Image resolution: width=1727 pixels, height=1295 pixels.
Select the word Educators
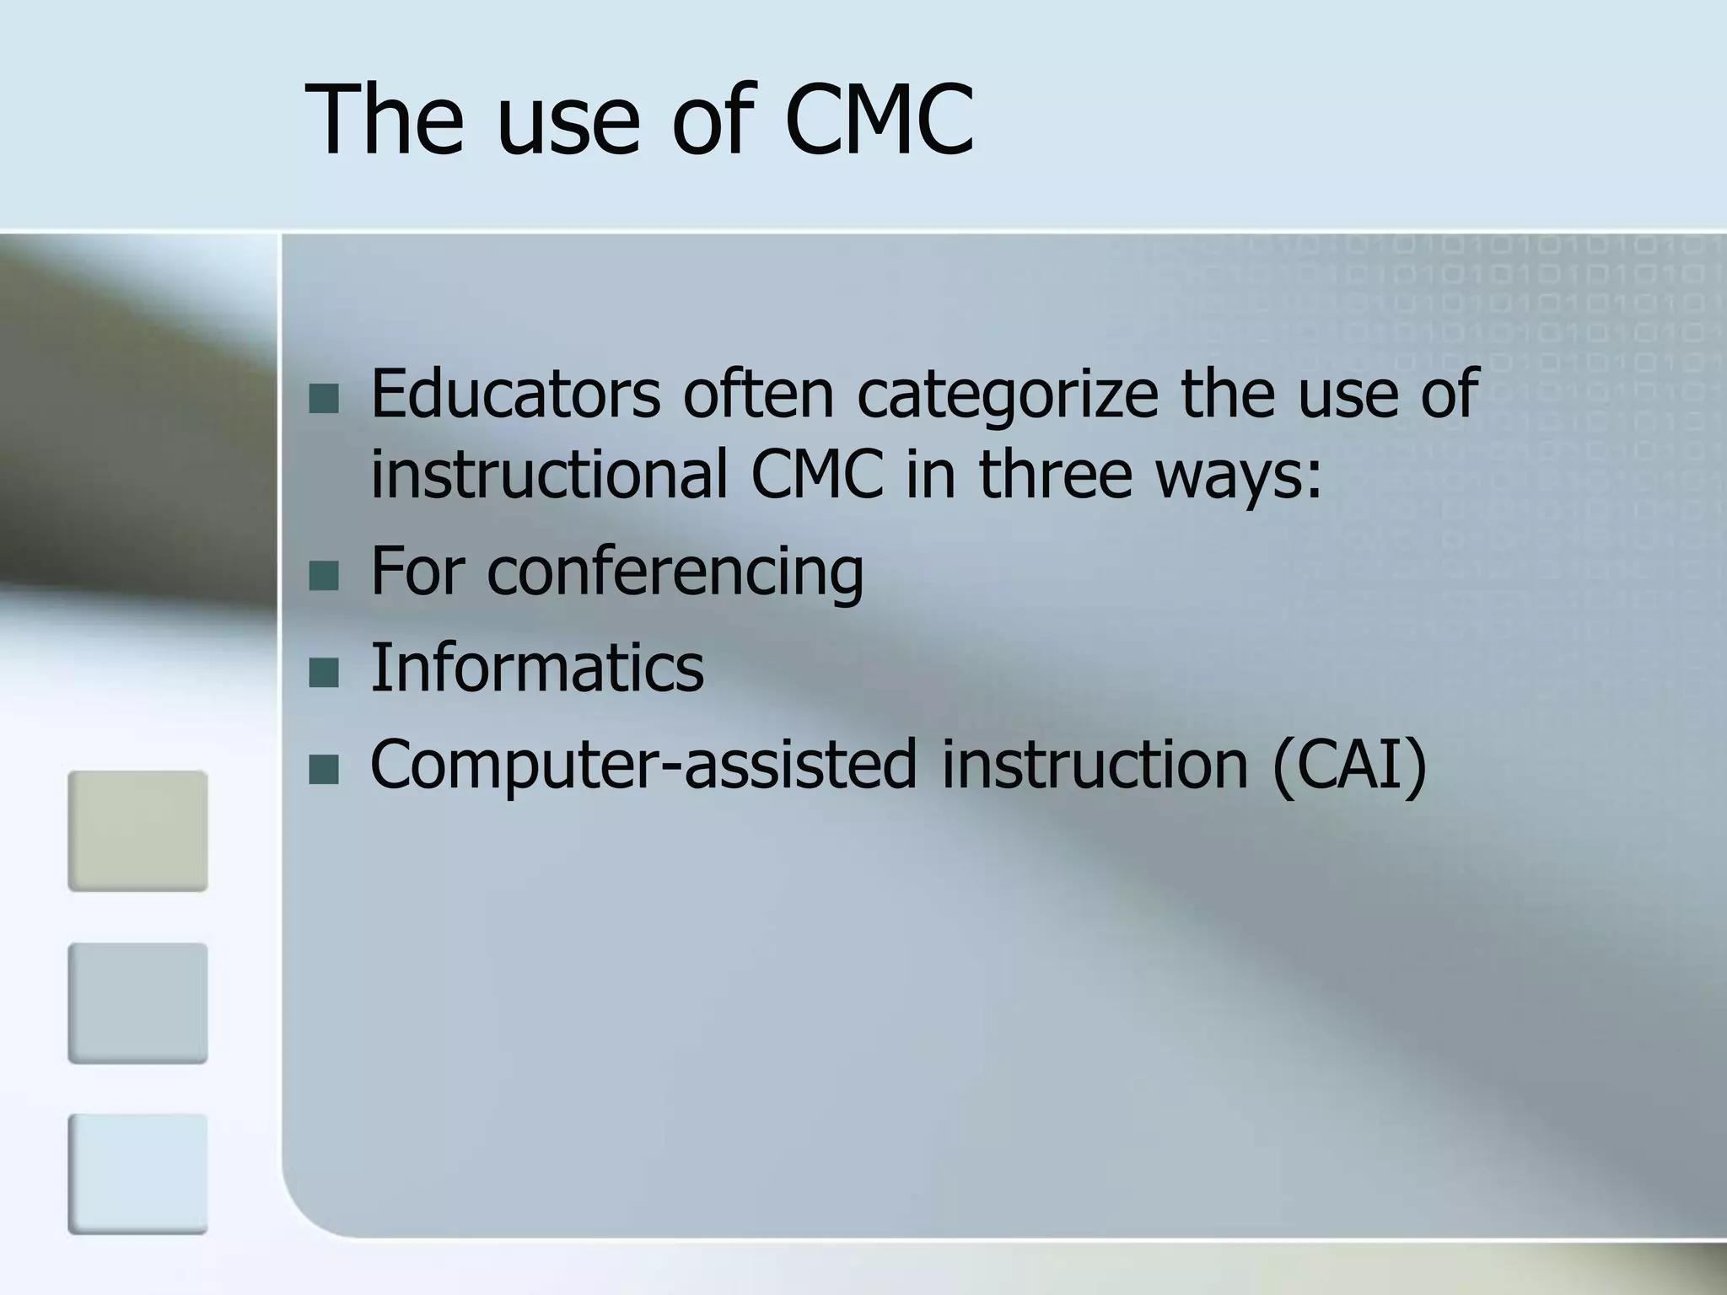tap(515, 395)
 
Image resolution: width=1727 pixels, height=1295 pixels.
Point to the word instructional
tap(549, 474)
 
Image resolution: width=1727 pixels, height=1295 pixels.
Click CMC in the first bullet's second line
tap(817, 474)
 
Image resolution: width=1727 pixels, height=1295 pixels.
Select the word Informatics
tap(537, 668)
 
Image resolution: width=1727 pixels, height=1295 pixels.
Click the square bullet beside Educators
tap(323, 399)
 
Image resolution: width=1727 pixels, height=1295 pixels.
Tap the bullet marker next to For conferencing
tap(323, 577)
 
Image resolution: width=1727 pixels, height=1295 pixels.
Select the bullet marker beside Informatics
tap(323, 672)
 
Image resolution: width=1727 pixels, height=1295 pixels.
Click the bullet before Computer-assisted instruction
tap(323, 769)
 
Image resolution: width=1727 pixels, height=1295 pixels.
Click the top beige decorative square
tap(137, 830)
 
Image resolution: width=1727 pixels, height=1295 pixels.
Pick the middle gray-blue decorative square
tap(137, 1002)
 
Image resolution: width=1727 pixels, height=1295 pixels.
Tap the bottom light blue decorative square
tap(137, 1174)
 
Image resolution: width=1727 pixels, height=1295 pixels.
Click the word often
tap(758, 395)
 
